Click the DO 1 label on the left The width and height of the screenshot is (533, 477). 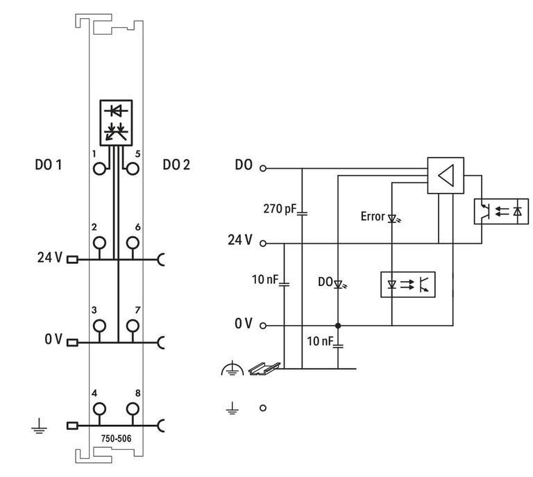[x=49, y=165]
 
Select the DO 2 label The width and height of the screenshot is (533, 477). [x=176, y=165]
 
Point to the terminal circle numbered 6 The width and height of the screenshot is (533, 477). [x=132, y=243]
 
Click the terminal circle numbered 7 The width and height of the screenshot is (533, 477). [x=132, y=326]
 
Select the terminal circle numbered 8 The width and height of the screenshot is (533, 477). [x=132, y=409]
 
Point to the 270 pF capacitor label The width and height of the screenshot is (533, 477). [x=279, y=208]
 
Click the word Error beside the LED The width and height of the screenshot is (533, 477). [x=372, y=217]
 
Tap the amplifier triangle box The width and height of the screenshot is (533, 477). [x=445, y=174]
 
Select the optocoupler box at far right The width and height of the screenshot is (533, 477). [x=500, y=211]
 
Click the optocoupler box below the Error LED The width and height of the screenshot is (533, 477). [x=407, y=284]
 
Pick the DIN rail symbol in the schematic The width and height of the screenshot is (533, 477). [x=266, y=368]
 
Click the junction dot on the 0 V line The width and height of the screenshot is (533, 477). [x=338, y=326]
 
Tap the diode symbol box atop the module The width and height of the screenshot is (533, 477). [x=116, y=122]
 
